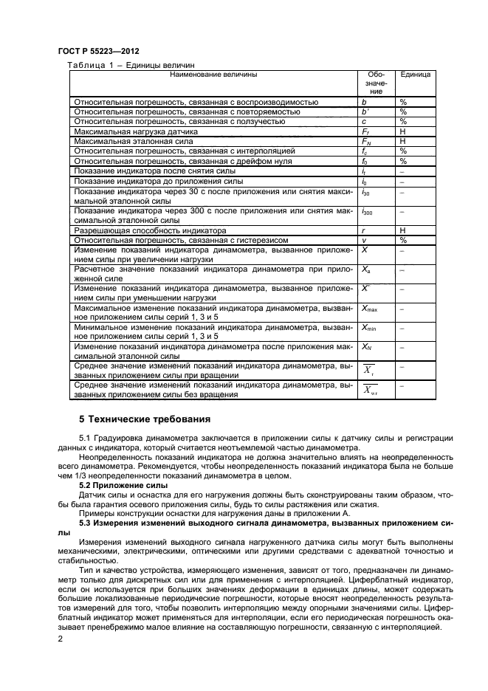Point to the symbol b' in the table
point(365,111)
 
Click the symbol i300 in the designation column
point(367,212)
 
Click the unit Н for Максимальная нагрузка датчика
point(403,131)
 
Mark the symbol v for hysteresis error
point(364,240)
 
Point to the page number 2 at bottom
point(61,639)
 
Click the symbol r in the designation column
point(363,230)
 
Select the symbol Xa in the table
point(365,271)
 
